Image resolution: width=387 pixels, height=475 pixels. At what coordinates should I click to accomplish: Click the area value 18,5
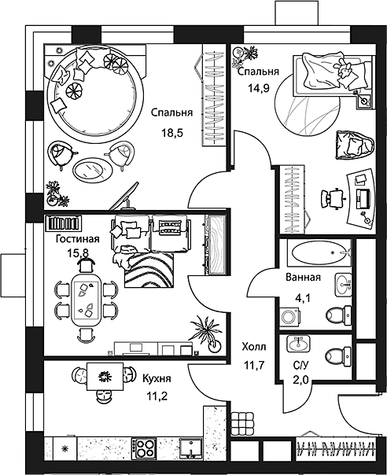point(172,133)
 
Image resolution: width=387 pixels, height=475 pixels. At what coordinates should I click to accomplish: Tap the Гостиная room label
point(78,239)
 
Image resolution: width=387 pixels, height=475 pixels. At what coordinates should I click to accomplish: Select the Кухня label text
point(157,379)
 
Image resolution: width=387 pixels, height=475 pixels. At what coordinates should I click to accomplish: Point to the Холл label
point(254,346)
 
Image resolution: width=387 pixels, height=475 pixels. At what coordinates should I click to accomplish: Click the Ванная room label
point(303,277)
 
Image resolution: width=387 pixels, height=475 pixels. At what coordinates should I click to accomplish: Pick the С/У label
point(300,366)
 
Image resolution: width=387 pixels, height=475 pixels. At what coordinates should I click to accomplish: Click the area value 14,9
point(259,88)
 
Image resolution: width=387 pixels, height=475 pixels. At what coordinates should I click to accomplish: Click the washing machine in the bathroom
point(290,317)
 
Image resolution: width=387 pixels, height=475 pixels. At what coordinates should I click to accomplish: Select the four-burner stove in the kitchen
point(144,448)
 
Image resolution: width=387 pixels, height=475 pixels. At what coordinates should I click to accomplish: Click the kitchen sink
point(191,448)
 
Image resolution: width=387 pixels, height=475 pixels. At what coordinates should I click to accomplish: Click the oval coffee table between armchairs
point(93,169)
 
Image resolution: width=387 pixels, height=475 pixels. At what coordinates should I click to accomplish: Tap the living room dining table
point(86,300)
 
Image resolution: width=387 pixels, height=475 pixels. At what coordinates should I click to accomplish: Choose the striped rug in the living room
point(149,271)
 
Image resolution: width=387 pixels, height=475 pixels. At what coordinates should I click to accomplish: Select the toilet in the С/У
point(338,355)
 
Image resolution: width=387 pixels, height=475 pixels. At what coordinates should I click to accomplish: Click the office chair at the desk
point(334,198)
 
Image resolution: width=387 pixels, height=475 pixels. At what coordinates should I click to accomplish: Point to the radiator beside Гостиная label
point(63,223)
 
